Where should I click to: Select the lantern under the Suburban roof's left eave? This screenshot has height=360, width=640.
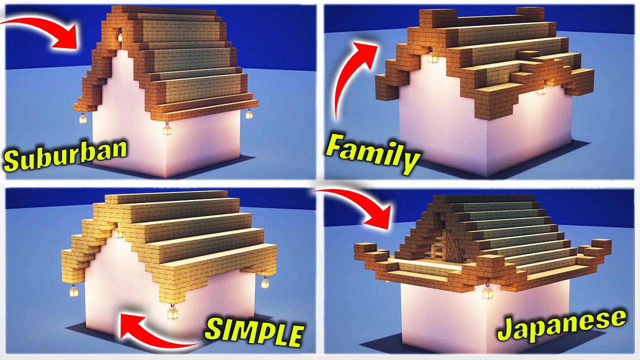(82, 118)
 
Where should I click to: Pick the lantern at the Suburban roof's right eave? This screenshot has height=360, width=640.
(248, 114)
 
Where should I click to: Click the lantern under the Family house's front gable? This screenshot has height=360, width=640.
(431, 58)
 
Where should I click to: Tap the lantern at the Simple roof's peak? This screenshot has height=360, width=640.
(117, 233)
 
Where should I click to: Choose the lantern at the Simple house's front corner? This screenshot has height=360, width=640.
(173, 313)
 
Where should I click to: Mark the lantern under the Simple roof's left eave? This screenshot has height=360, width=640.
(74, 290)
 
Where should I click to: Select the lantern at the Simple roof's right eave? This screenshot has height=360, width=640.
(265, 283)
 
